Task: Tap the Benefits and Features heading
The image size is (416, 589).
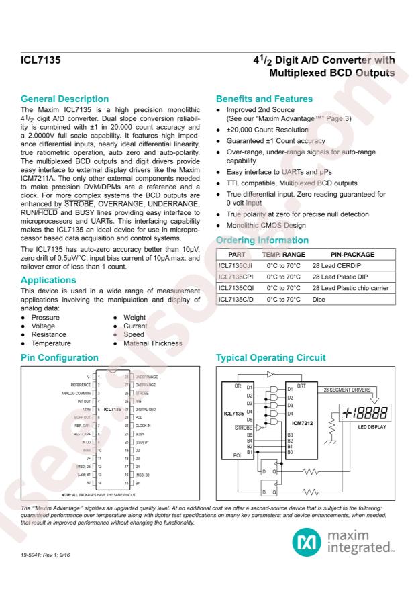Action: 261,99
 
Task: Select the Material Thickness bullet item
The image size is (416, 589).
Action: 153,343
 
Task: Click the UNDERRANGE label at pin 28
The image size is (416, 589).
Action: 149,377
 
